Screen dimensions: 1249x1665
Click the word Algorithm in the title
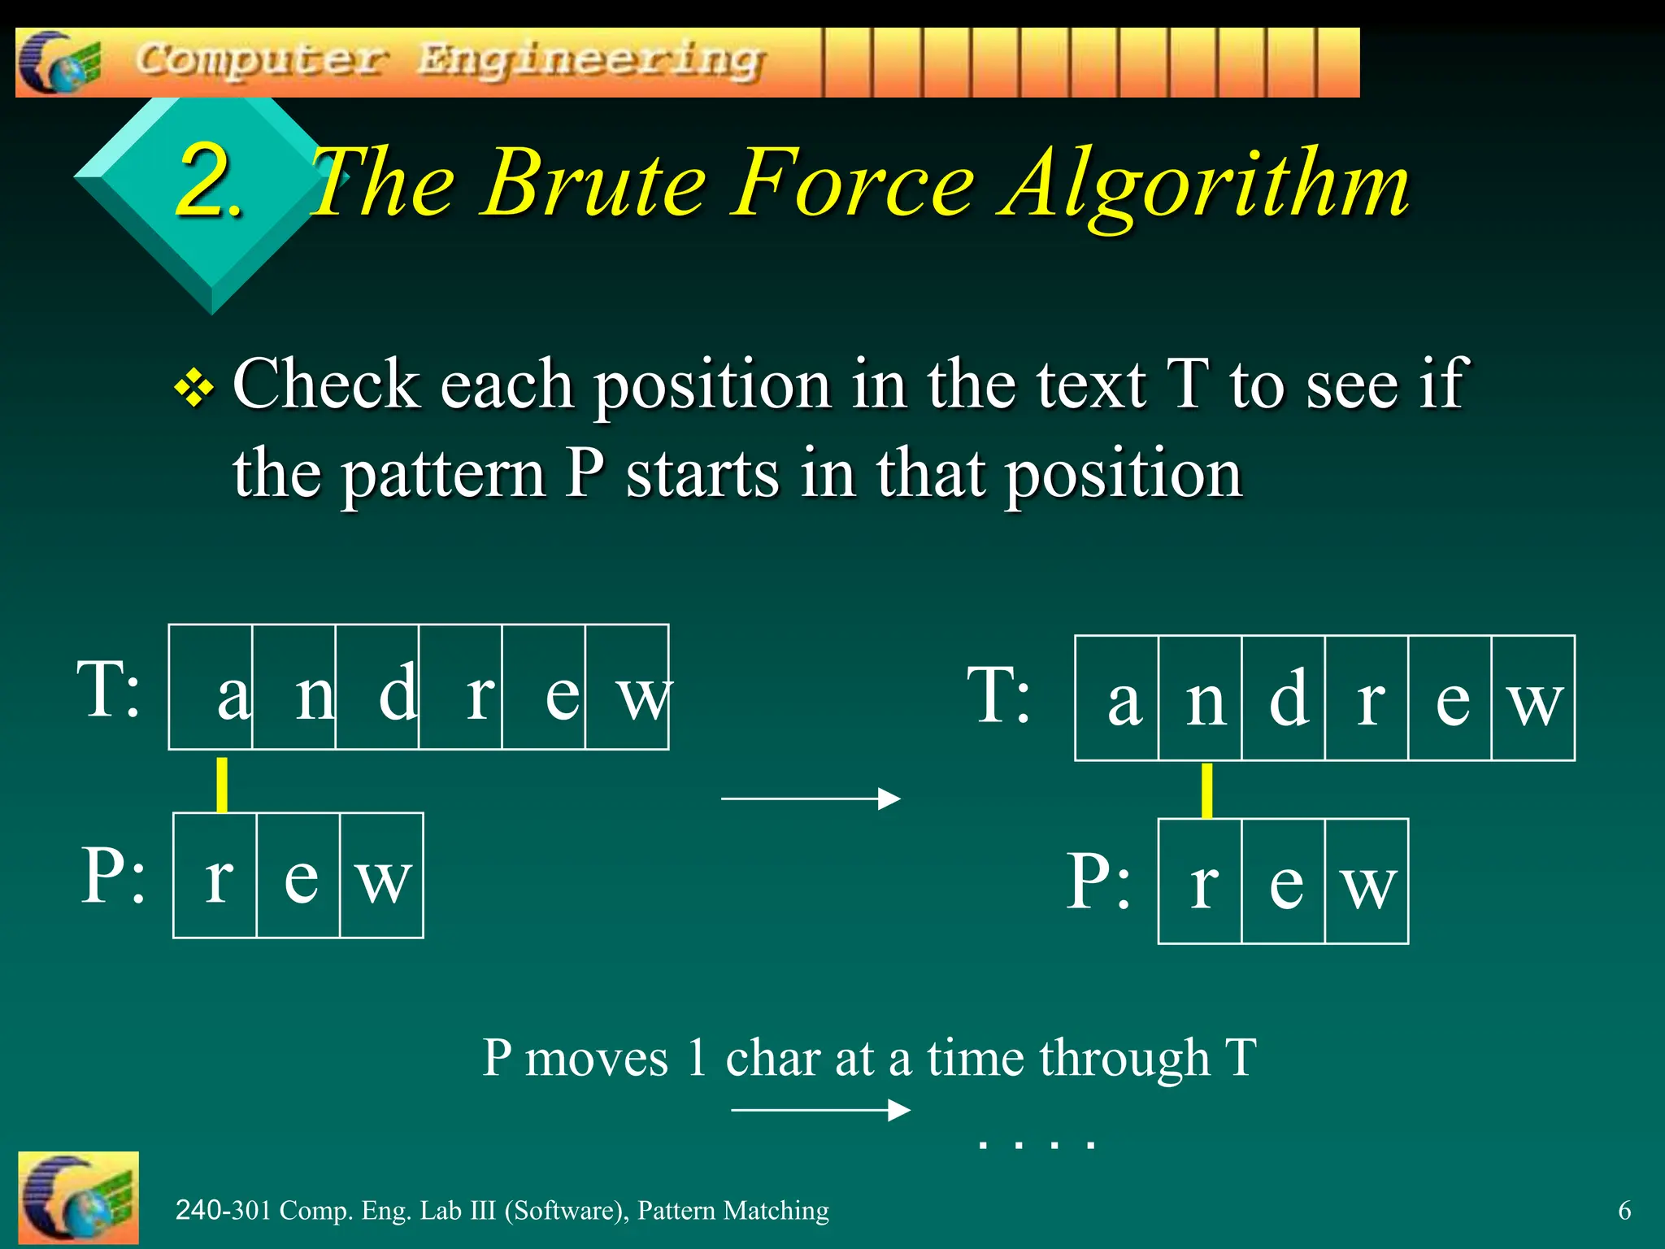point(1205,185)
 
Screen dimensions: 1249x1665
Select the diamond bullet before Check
point(194,388)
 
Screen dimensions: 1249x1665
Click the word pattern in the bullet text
point(443,474)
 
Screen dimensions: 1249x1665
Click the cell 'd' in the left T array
point(378,687)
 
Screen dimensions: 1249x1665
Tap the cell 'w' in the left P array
point(382,876)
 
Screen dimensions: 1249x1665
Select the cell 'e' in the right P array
point(1284,881)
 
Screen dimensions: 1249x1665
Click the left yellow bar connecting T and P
point(222,784)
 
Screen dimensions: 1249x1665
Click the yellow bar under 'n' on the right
point(1207,790)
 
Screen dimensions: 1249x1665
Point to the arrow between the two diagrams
point(811,799)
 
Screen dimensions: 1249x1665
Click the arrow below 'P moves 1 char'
point(820,1110)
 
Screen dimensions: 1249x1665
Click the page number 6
point(1624,1211)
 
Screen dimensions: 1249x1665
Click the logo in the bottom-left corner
point(78,1199)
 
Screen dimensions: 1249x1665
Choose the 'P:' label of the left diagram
point(114,876)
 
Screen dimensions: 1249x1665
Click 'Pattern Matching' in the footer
point(733,1211)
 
